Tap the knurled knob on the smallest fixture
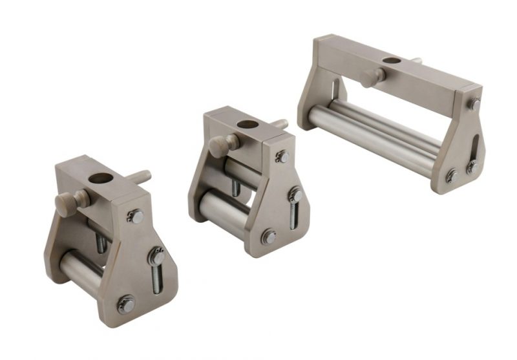click(67, 202)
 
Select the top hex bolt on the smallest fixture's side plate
click(136, 217)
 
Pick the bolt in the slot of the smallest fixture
click(157, 257)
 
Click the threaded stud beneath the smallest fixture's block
click(101, 242)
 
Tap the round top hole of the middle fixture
click(247, 124)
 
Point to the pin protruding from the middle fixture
click(279, 123)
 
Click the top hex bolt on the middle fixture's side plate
click(282, 156)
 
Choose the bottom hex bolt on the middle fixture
click(269, 237)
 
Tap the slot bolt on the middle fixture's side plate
click(295, 195)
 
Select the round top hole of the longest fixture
click(390, 61)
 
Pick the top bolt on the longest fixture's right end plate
click(475, 104)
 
